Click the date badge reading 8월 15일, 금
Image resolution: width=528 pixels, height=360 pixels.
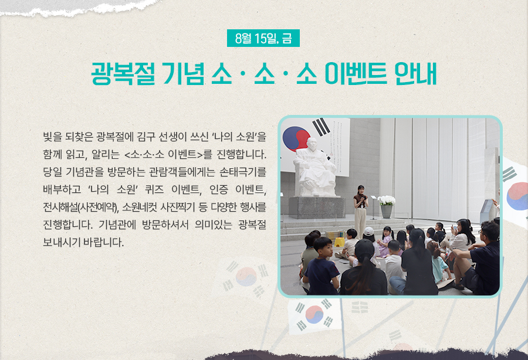(x=263, y=38)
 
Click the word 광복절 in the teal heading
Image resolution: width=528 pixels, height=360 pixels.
(x=123, y=73)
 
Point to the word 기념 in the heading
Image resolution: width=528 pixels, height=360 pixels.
(x=183, y=73)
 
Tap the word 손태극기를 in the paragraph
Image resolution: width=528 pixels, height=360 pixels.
(x=243, y=172)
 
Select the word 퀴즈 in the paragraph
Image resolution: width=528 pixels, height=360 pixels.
(x=154, y=189)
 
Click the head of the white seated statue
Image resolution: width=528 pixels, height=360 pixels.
(x=312, y=144)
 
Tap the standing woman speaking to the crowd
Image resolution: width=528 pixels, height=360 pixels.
(x=361, y=212)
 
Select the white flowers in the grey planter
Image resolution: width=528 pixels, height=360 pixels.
(x=386, y=200)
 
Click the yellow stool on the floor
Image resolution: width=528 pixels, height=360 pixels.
(x=340, y=242)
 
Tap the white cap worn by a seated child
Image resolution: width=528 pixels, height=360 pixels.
(x=369, y=231)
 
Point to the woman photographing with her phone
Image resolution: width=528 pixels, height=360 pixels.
(x=462, y=236)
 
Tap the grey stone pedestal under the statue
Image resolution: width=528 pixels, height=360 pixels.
(x=317, y=208)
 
